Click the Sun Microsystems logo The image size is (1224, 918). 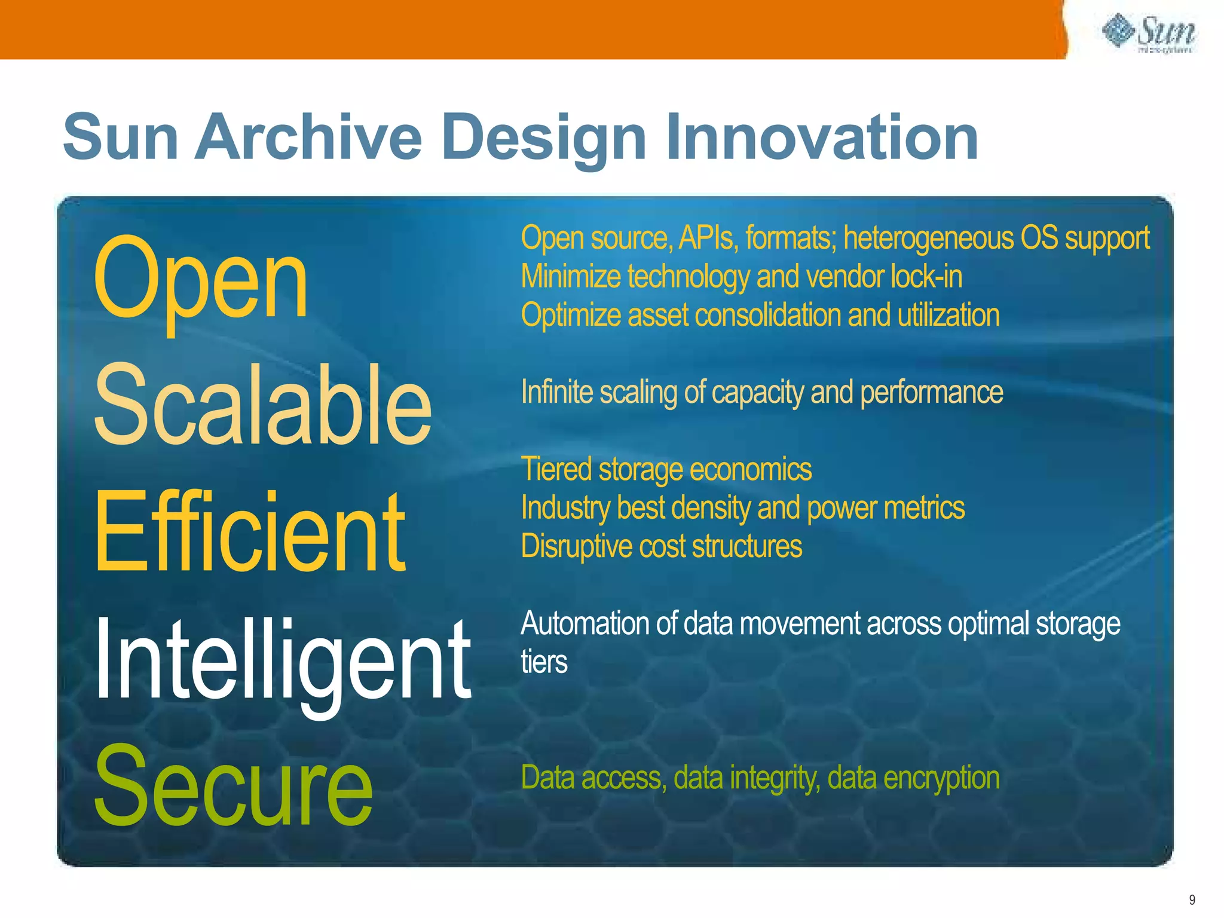pos(1148,34)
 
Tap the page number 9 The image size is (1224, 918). pos(1192,899)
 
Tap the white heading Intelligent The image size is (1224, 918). pos(282,660)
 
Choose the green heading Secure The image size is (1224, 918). pos(233,786)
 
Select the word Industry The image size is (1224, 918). pos(565,508)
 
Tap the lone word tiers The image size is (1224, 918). pos(544,662)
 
